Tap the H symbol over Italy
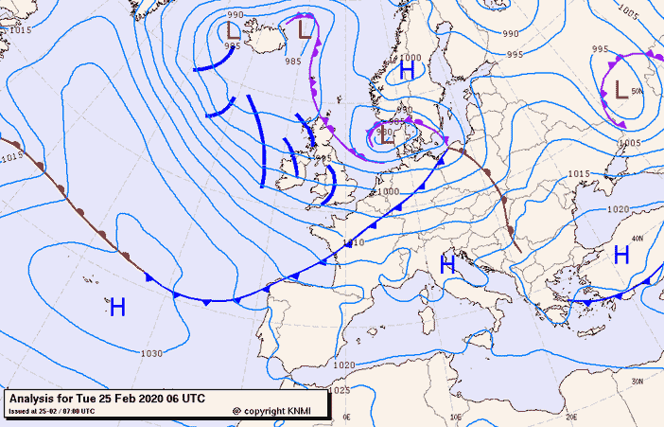(x=447, y=266)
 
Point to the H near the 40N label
(x=621, y=254)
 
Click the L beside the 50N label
(x=620, y=91)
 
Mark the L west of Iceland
(x=234, y=30)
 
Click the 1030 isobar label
(x=150, y=354)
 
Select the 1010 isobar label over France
(x=355, y=243)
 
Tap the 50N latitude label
(x=637, y=91)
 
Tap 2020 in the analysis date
(x=149, y=399)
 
